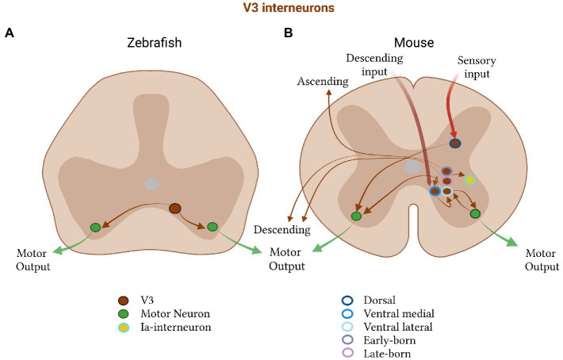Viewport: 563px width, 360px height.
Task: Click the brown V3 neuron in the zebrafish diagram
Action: [x=175, y=209]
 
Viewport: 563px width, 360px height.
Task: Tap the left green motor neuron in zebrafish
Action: [x=95, y=228]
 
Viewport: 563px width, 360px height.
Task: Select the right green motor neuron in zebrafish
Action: [x=213, y=227]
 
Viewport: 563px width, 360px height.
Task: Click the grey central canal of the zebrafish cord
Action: [x=151, y=184]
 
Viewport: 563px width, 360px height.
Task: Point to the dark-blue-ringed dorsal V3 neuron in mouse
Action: [x=455, y=144]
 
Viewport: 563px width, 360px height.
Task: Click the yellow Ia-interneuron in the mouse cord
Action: [x=469, y=181]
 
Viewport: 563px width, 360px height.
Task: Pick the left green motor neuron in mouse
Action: [x=356, y=216]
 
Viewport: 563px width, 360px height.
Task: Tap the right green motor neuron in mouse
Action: [x=475, y=214]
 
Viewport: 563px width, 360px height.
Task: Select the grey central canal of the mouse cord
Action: [x=412, y=167]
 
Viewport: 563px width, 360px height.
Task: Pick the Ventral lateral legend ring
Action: [x=346, y=328]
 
